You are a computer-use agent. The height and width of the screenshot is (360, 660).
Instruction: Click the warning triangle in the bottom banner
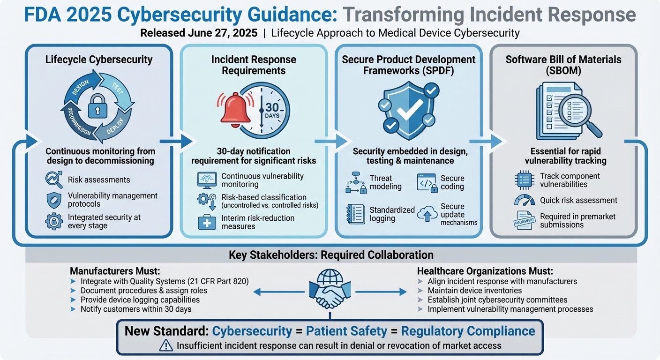(165, 346)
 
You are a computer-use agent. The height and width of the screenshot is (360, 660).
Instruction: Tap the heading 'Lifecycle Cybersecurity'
(99, 60)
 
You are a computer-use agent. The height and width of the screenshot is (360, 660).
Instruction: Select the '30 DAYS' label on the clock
(272, 111)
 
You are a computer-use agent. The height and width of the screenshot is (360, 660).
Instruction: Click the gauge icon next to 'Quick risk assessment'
(525, 200)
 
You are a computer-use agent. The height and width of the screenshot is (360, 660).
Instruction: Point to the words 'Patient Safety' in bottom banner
(346, 331)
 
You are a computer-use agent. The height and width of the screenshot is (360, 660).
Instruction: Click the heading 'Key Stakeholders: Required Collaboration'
(331, 255)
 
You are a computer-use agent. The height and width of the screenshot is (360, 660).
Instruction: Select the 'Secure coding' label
(452, 182)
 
